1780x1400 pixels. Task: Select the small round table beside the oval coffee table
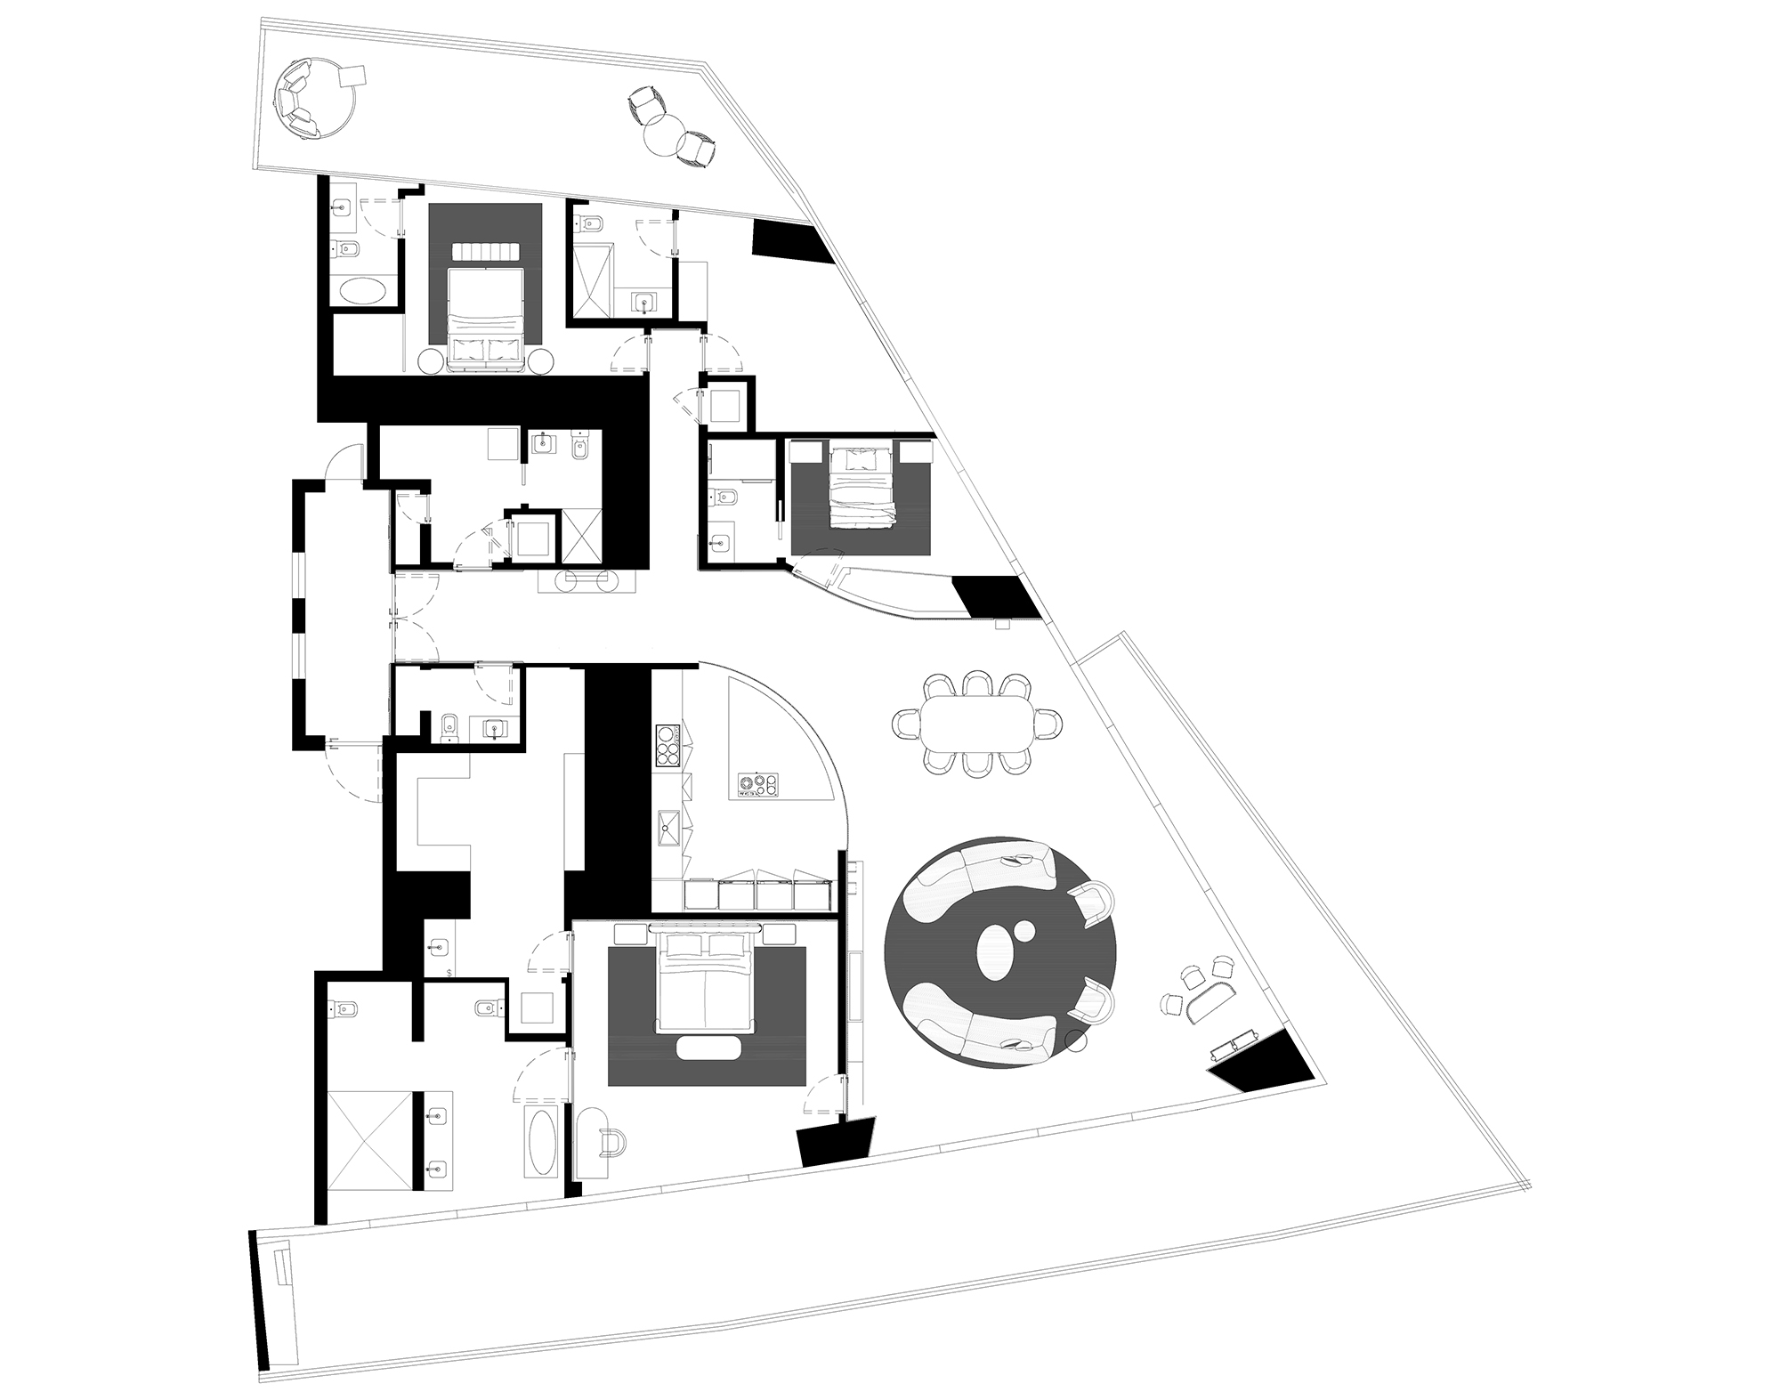point(1023,933)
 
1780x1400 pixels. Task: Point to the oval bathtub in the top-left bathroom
point(360,292)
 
